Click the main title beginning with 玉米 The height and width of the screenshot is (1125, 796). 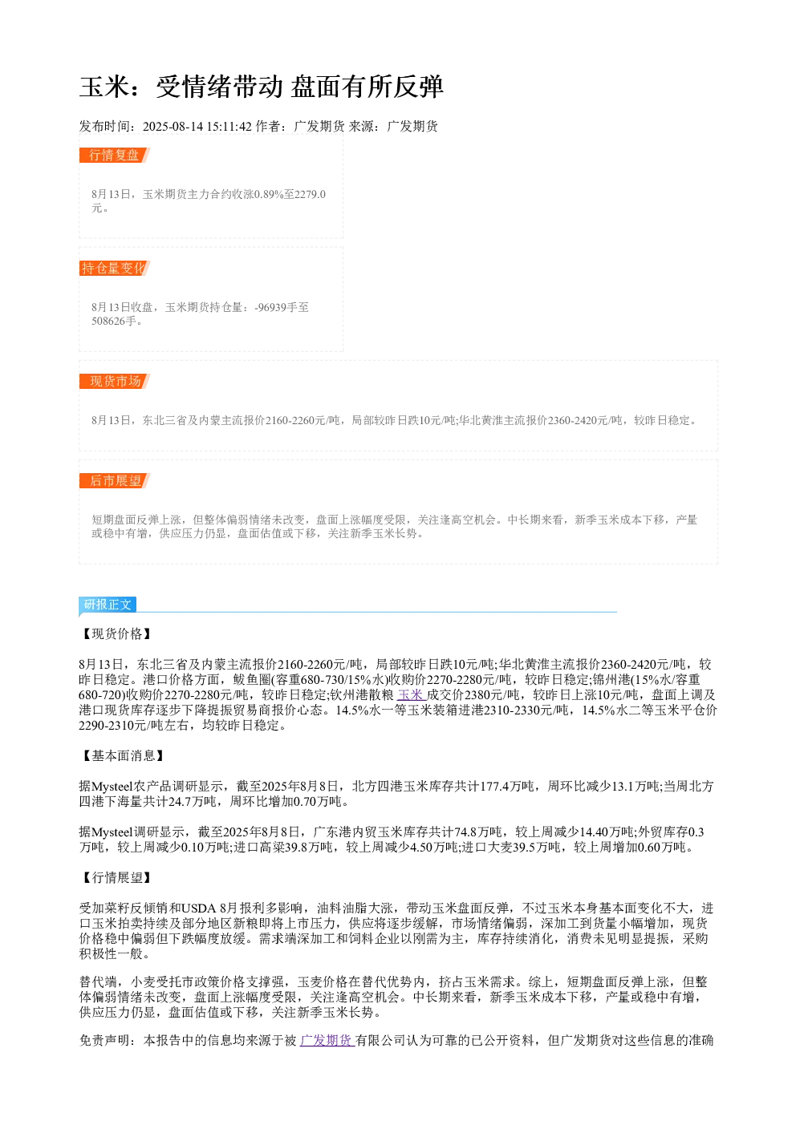[x=262, y=87]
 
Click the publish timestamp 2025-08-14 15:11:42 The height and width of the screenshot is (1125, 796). [x=197, y=127]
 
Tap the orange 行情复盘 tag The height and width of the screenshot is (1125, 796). [x=114, y=156]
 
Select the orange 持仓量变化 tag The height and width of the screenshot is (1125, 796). [x=114, y=268]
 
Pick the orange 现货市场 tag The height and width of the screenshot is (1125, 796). [x=114, y=381]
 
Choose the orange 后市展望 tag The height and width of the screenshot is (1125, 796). [x=114, y=480]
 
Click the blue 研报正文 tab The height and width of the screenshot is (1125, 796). [x=108, y=604]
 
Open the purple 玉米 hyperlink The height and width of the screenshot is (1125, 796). [x=412, y=694]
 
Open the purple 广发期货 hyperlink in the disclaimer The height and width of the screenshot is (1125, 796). [x=327, y=1040]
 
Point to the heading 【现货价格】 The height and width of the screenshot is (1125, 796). [x=116, y=633]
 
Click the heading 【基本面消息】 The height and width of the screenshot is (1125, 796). [x=123, y=756]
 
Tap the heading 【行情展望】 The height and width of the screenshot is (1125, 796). [x=116, y=877]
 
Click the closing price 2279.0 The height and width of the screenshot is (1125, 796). [x=310, y=194]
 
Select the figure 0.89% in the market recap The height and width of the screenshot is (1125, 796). [x=269, y=194]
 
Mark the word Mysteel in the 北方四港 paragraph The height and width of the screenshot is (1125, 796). [x=112, y=786]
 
